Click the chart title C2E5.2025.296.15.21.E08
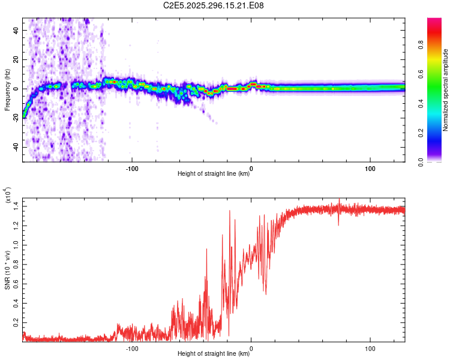point(214,6)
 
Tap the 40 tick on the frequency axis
point(16,30)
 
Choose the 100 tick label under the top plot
point(370,168)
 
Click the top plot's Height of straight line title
point(214,174)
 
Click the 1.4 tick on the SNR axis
point(16,206)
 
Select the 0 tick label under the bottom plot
point(251,348)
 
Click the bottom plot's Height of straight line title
point(214,354)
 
